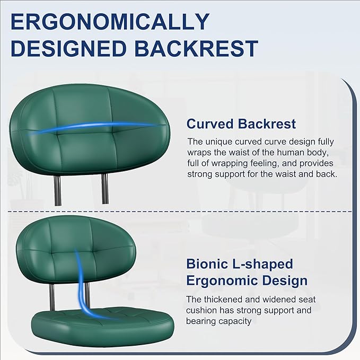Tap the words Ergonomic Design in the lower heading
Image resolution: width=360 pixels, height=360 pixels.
[x=247, y=280]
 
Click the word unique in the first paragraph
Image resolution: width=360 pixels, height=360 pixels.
[x=219, y=142]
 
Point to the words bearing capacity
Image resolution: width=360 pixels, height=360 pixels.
[x=215, y=321]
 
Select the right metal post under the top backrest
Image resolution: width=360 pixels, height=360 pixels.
[x=105, y=189]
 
